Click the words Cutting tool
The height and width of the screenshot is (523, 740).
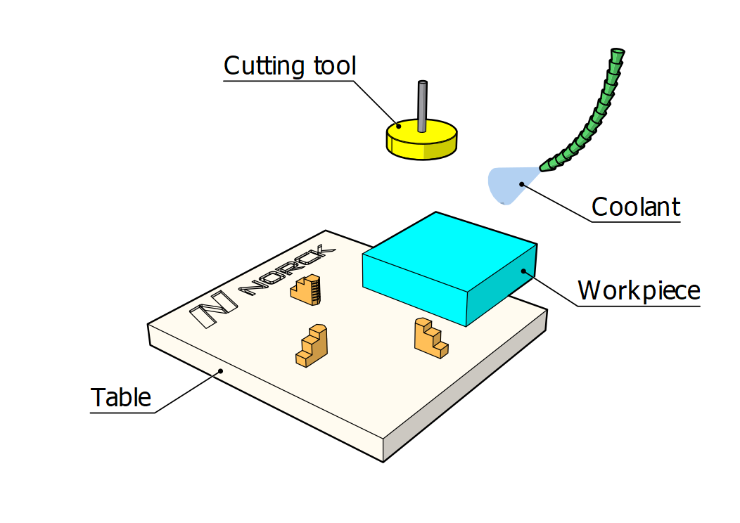(x=290, y=66)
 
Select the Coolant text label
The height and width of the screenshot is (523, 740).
(x=635, y=207)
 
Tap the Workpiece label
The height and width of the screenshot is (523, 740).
(x=639, y=290)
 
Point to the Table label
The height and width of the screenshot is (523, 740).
(x=121, y=397)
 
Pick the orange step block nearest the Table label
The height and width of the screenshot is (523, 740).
(x=312, y=345)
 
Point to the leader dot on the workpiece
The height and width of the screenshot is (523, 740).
(x=523, y=271)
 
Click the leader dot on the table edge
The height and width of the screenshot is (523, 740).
(x=220, y=370)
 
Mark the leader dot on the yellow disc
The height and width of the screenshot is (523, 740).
(x=399, y=127)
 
